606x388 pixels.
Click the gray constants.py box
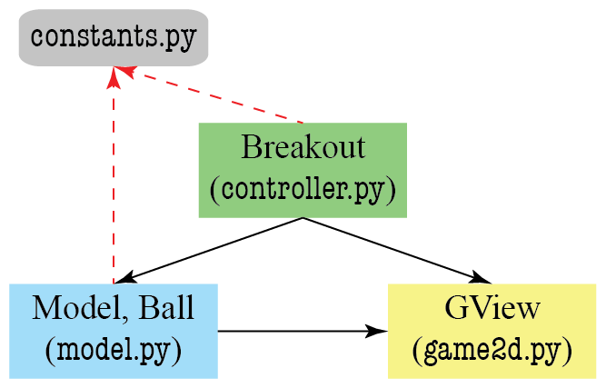click(x=114, y=38)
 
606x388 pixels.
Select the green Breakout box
click(x=302, y=170)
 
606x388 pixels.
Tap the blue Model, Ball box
click(x=114, y=330)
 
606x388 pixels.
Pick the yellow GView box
click(x=492, y=330)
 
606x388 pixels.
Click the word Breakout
click(x=303, y=147)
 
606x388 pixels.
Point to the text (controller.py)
click(x=303, y=191)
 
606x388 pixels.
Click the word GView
click(x=492, y=309)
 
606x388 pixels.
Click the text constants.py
click(x=114, y=38)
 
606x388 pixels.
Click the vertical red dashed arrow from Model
click(x=113, y=182)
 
